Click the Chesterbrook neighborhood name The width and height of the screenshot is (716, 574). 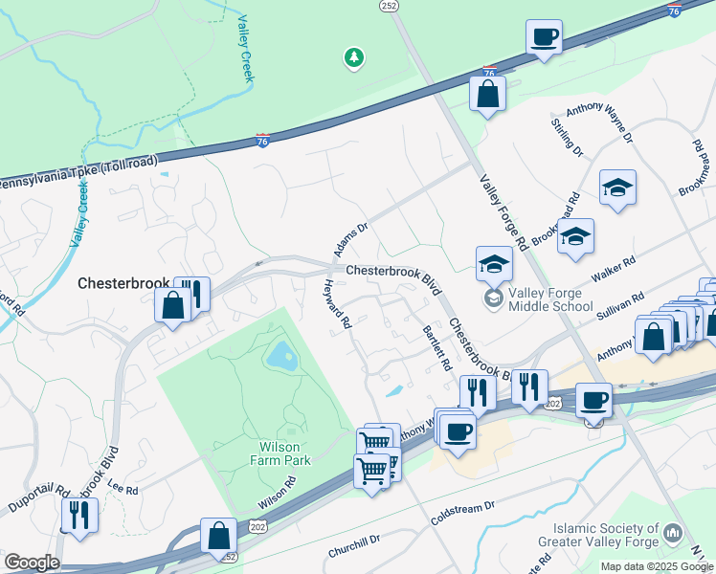point(123,283)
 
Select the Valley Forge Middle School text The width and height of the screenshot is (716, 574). point(550,299)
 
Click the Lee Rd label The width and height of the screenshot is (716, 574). point(124,490)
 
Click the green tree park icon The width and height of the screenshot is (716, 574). point(354,58)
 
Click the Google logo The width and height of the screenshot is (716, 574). point(32,563)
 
